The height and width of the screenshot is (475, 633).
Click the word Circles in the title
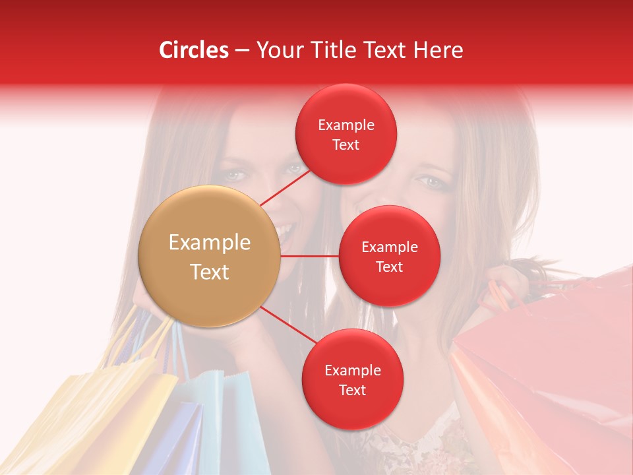193,50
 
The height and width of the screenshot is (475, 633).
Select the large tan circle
210,257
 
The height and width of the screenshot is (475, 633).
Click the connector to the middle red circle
309,256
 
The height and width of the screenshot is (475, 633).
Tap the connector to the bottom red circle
287,324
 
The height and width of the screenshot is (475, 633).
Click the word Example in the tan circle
210,243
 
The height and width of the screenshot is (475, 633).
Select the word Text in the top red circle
346,144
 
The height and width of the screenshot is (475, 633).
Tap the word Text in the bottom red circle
352,390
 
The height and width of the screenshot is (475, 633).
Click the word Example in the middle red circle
389,247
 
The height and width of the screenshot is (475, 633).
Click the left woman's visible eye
235,175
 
